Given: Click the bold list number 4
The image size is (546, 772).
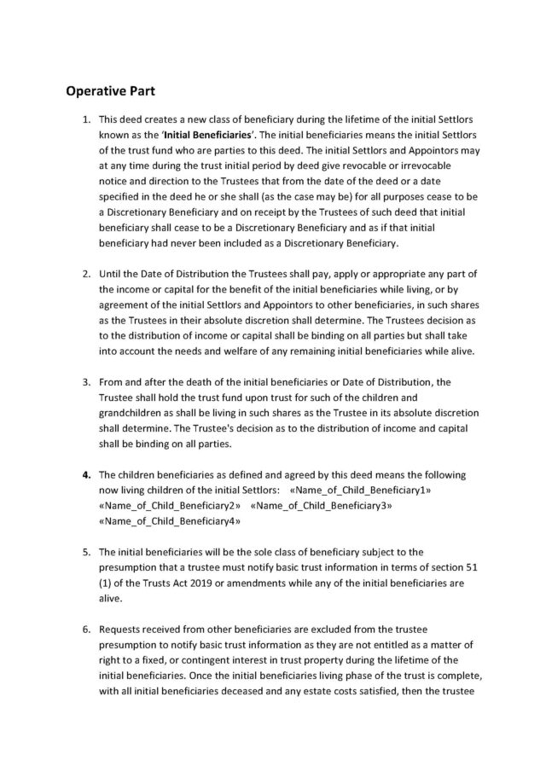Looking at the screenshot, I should [x=86, y=473].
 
